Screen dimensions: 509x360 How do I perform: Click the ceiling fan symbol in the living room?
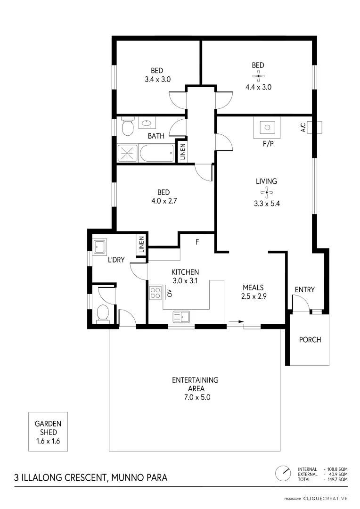[266, 192]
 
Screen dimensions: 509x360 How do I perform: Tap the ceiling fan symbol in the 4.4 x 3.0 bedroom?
[258, 76]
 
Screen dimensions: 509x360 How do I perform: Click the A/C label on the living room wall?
[303, 127]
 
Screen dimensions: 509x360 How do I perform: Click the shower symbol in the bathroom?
[128, 153]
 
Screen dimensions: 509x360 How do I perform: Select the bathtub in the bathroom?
[157, 153]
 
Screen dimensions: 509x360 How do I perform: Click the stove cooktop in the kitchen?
[155, 294]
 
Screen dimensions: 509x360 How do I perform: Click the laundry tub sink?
[100, 246]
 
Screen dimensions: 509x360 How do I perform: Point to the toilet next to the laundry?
[102, 313]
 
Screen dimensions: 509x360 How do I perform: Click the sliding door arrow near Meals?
[236, 322]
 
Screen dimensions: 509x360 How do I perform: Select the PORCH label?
[310, 339]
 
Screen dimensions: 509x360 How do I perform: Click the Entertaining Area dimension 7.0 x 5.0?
[195, 397]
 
